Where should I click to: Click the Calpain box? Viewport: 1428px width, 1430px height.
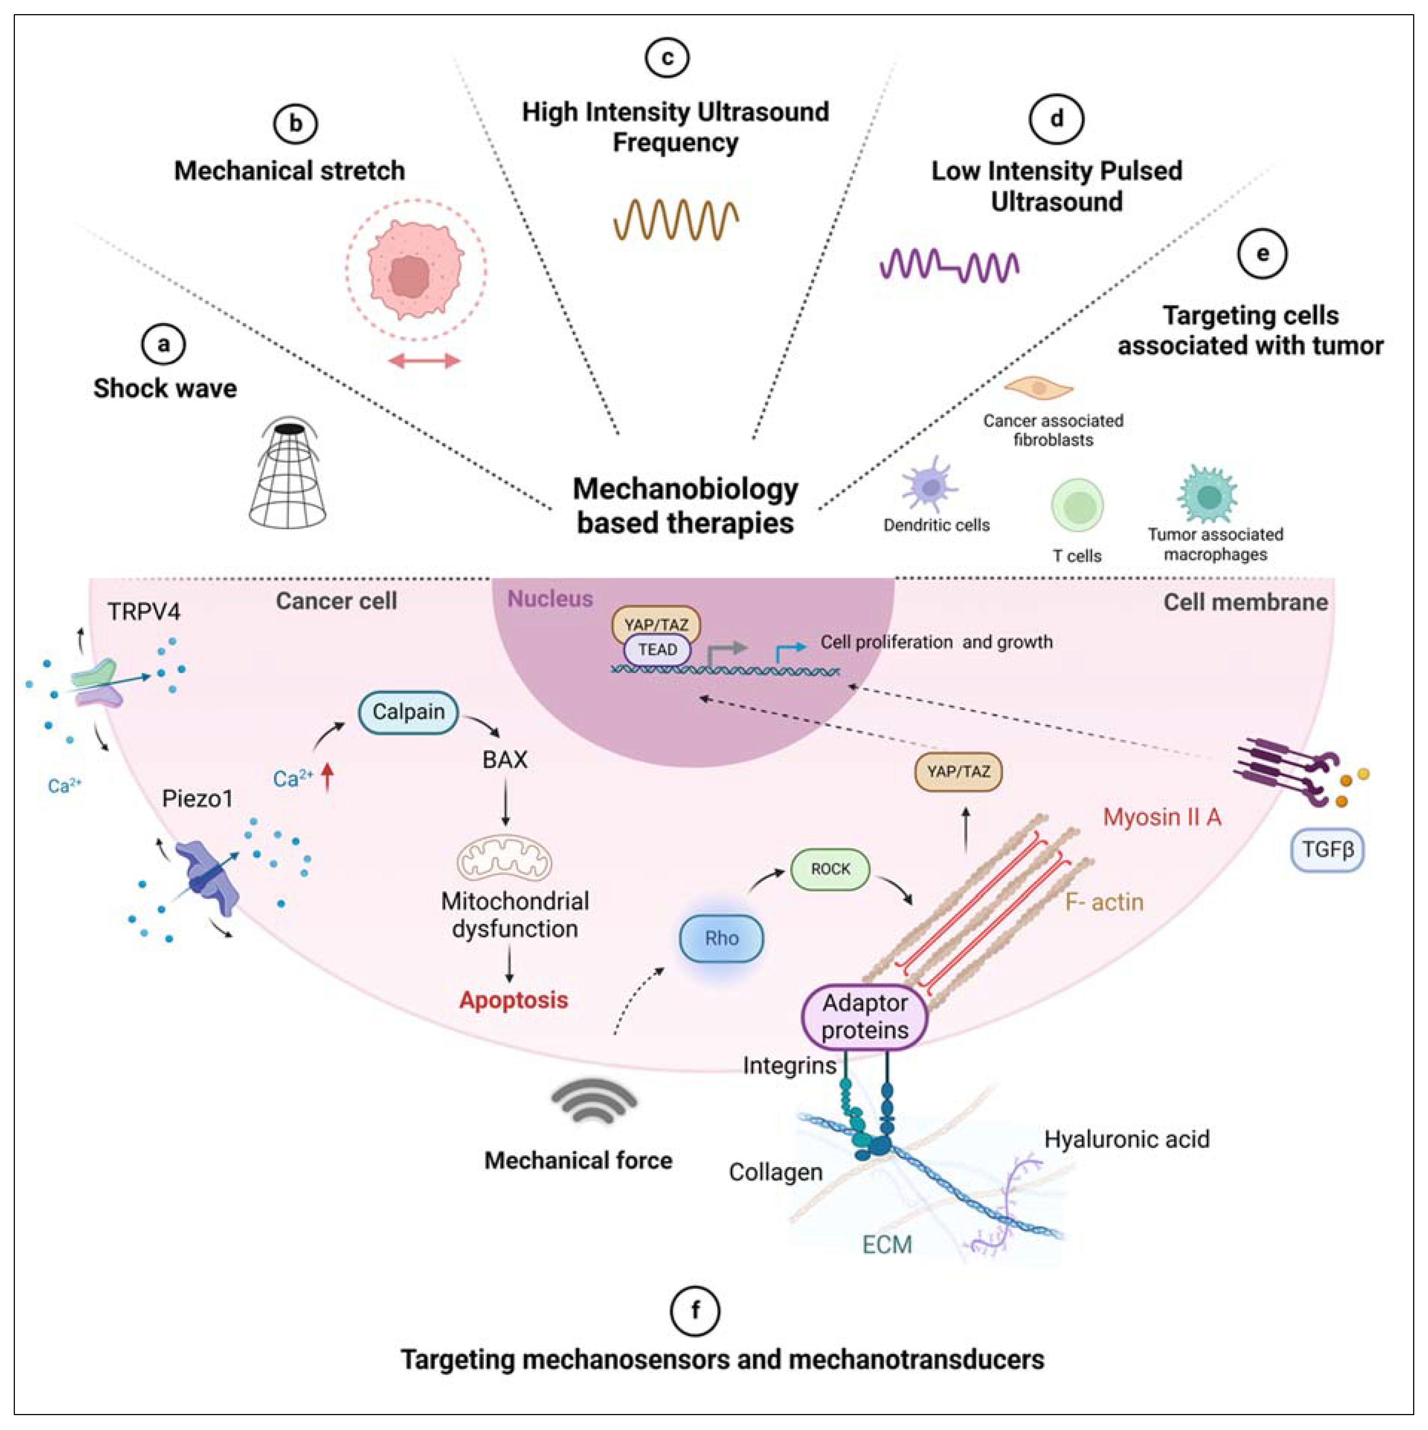click(408, 712)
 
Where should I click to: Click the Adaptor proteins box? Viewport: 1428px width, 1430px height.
click(865, 1016)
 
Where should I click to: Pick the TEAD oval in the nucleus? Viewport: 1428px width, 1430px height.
click(657, 650)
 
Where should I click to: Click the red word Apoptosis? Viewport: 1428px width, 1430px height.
click(514, 1000)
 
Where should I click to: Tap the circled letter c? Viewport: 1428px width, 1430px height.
click(667, 57)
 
